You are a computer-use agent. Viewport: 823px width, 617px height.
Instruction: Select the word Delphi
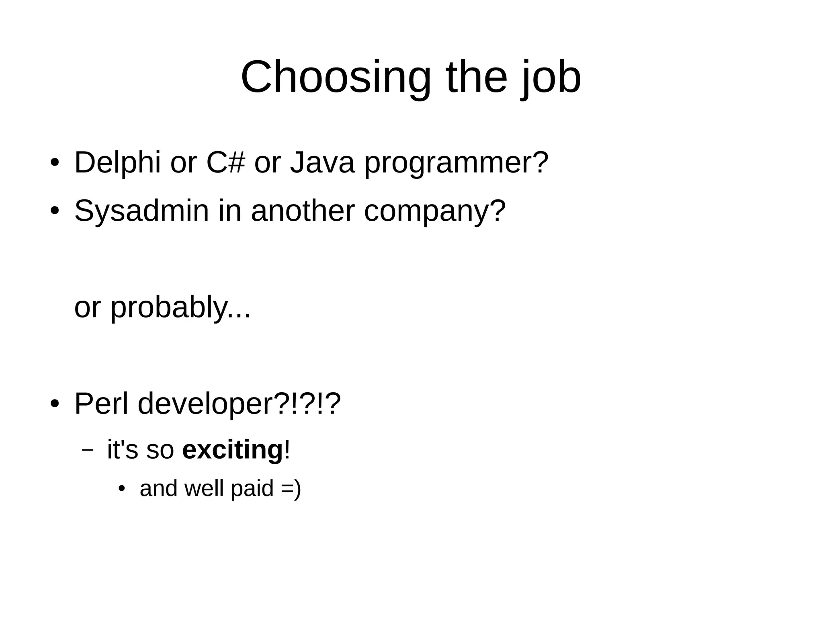point(117,162)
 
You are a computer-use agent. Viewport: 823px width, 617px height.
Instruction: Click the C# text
point(225,162)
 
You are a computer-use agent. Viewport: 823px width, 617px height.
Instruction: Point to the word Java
point(322,162)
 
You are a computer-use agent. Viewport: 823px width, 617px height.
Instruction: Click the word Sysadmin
point(141,211)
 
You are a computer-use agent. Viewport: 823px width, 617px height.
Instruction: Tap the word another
point(303,211)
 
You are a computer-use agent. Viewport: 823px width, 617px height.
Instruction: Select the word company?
point(435,212)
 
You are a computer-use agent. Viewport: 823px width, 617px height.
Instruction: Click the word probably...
point(169,308)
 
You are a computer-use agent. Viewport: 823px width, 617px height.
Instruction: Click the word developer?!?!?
point(239,404)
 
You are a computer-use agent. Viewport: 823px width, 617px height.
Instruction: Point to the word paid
point(252,489)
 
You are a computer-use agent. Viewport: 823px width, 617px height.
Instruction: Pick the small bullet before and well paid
point(122,489)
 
